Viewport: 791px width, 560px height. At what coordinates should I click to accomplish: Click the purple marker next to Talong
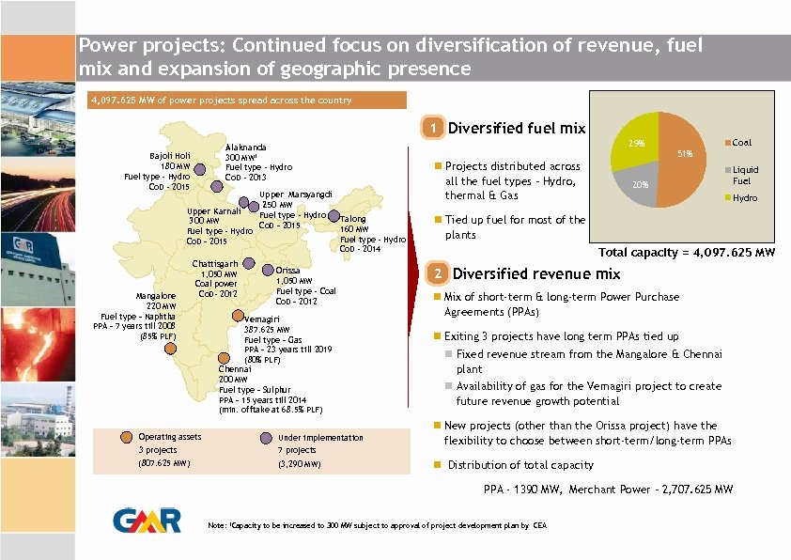333,217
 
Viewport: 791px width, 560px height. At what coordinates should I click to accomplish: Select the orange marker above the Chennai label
223,357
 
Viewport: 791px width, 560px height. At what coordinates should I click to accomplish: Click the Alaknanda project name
245,148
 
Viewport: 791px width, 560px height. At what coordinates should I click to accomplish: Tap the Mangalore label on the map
156,295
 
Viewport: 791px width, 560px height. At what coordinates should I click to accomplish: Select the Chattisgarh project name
214,263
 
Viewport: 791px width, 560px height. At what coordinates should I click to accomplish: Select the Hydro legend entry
745,198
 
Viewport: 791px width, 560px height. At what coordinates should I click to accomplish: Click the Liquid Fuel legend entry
745,176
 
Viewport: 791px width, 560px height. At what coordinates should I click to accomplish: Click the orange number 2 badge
436,274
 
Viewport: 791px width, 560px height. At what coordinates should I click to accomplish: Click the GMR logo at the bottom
141,521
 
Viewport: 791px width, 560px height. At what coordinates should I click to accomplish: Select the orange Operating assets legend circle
127,436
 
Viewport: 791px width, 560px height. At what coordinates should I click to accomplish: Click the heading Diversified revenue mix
536,274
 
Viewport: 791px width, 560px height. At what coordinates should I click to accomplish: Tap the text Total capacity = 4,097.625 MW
687,253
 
